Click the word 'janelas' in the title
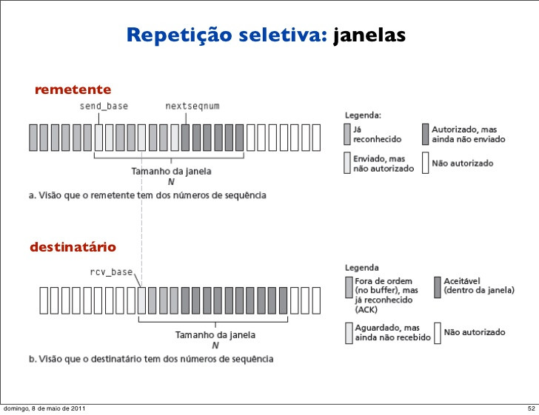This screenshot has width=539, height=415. coord(369,35)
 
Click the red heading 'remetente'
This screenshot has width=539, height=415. coord(73,90)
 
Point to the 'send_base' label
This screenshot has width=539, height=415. coord(104,106)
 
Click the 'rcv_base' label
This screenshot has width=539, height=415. coord(111,271)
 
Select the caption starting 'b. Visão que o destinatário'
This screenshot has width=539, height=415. coord(151,359)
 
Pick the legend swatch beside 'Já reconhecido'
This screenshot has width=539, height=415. coord(346,133)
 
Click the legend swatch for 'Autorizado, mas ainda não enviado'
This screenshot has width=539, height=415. coord(426,133)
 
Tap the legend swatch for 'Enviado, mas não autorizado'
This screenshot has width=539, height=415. coord(346,163)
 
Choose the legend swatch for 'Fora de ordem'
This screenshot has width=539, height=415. coord(348,286)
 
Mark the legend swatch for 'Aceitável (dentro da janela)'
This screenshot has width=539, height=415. coord(437,286)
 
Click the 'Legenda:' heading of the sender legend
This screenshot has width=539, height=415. coord(364,115)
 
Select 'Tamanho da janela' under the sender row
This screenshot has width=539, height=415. coord(171,171)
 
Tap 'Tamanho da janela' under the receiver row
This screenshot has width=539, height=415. coord(215,334)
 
